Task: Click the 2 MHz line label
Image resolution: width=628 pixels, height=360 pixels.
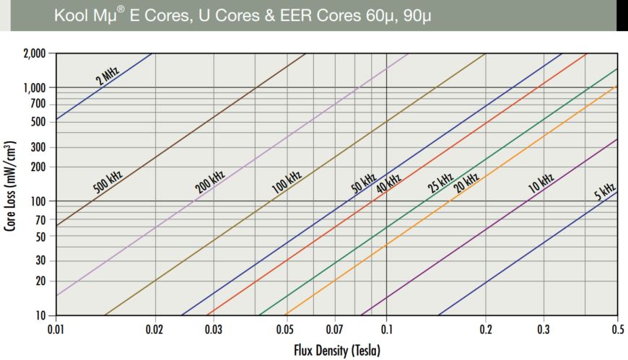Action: point(108,74)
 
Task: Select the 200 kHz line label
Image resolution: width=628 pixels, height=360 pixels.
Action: point(210,181)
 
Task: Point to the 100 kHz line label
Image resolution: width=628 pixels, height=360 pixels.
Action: point(287,181)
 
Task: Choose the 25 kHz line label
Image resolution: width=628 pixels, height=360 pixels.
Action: point(440,183)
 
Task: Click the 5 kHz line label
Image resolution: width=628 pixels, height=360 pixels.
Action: point(604,193)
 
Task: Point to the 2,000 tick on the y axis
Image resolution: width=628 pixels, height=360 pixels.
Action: point(34,53)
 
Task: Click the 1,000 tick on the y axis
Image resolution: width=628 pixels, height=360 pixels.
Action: point(34,87)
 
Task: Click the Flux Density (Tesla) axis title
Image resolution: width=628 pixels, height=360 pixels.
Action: point(336,351)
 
